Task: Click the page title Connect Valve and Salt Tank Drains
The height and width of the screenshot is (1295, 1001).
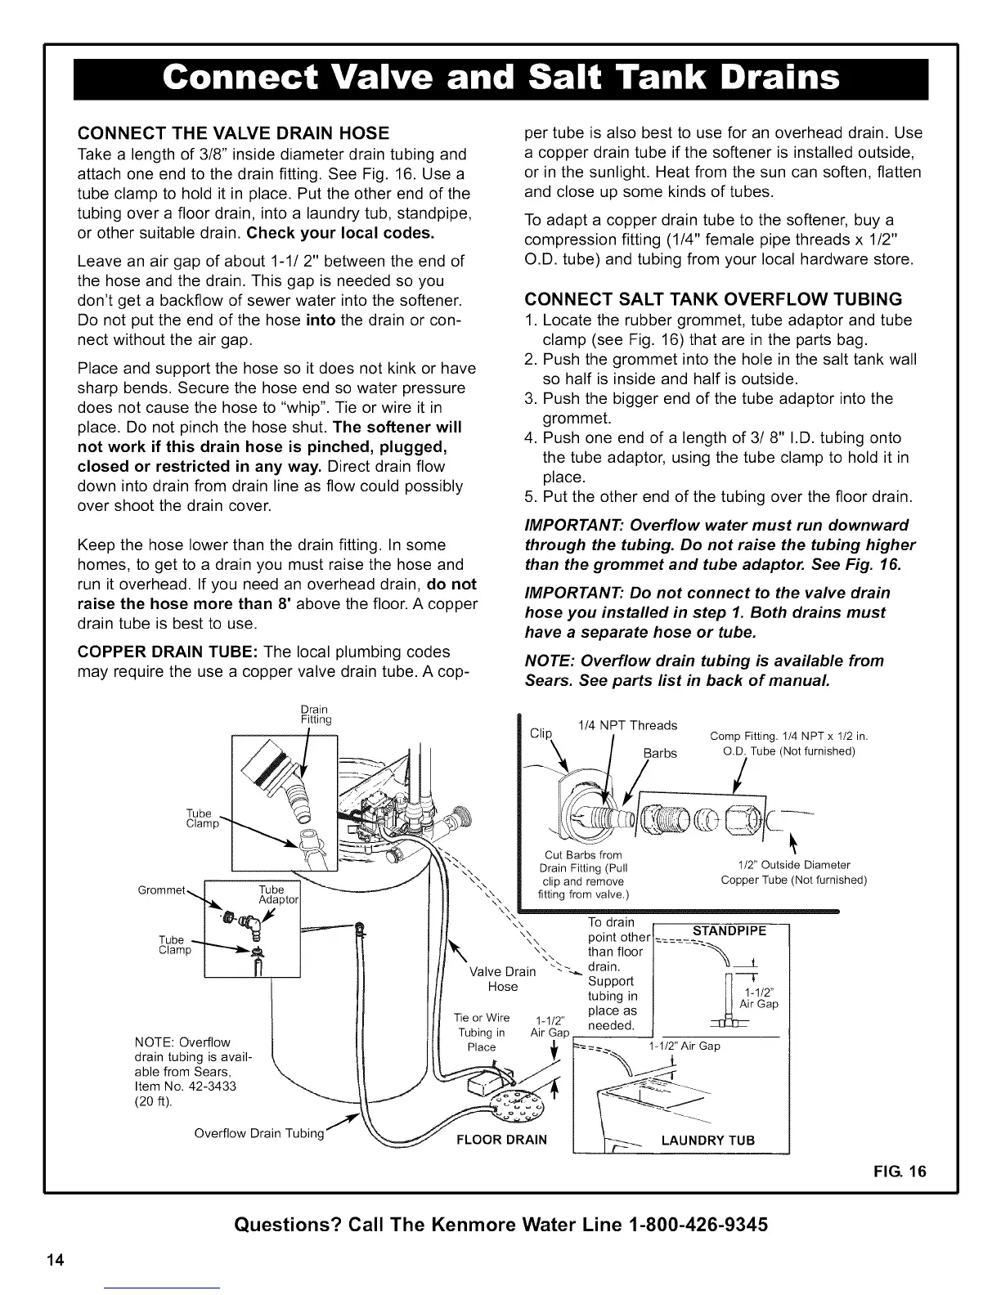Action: click(500, 79)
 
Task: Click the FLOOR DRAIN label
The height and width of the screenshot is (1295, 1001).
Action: click(501, 1140)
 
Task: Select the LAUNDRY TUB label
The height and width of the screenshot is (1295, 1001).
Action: click(707, 1140)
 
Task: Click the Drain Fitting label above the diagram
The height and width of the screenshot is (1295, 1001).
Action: click(315, 714)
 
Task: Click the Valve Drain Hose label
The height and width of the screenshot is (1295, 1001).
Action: click(503, 979)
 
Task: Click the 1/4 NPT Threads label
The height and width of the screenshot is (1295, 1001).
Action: click(627, 725)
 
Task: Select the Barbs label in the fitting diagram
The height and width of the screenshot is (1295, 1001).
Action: click(660, 753)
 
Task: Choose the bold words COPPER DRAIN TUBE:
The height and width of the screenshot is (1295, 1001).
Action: click(156, 652)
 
